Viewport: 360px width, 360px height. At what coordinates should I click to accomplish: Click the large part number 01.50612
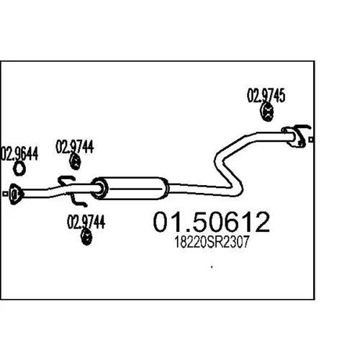pyautogui.click(x=212, y=222)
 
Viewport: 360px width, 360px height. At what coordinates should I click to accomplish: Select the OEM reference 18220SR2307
pyautogui.click(x=211, y=242)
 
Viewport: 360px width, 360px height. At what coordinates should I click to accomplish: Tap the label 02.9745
pyautogui.click(x=266, y=95)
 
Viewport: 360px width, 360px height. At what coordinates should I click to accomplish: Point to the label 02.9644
pyautogui.click(x=19, y=153)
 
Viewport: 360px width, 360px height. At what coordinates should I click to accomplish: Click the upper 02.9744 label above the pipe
pyautogui.click(x=75, y=147)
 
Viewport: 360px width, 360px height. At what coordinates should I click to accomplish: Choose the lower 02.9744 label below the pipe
pyautogui.click(x=86, y=222)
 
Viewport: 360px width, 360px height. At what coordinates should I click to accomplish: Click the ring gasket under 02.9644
pyautogui.click(x=19, y=168)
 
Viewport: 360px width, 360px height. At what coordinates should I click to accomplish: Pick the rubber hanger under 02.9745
pyautogui.click(x=267, y=112)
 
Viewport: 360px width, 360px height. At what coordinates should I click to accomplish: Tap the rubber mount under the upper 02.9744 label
pyautogui.click(x=75, y=162)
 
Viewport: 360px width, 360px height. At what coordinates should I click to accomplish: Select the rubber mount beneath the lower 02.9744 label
pyautogui.click(x=86, y=238)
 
